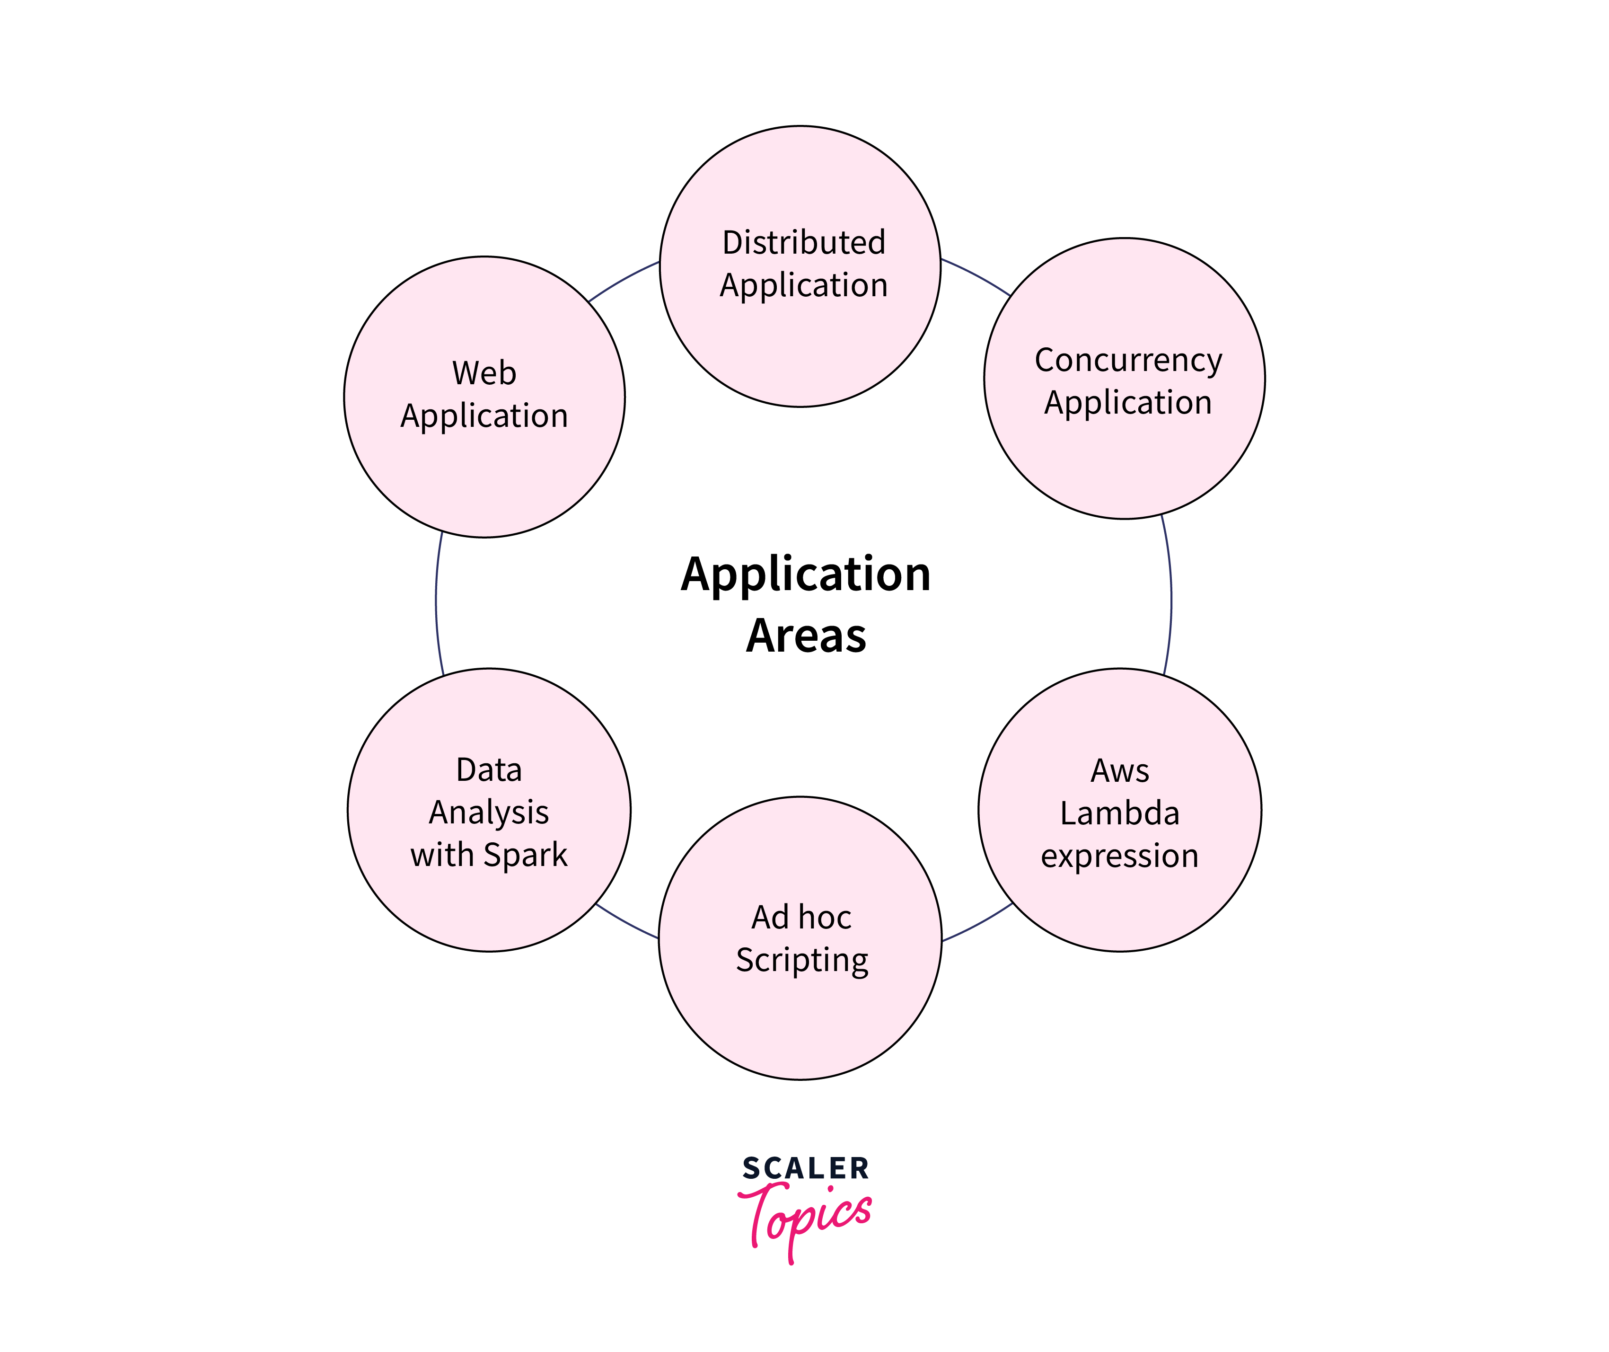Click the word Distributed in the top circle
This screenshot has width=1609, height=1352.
[804, 242]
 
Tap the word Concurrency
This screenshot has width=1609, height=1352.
[1128, 360]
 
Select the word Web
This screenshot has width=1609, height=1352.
[484, 373]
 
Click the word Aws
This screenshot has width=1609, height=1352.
[1119, 770]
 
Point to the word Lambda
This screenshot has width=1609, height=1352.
[1119, 813]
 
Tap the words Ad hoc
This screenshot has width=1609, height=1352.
[801, 918]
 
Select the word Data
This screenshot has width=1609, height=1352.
[489, 769]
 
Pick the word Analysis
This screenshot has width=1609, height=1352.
[489, 813]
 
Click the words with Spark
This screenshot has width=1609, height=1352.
[489, 855]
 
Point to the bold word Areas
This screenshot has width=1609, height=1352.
[806, 636]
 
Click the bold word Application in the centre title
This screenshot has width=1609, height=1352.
[806, 575]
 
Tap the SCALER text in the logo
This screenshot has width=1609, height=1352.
[806, 1169]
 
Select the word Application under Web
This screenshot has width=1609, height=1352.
[484, 416]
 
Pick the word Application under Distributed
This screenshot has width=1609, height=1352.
[804, 285]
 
